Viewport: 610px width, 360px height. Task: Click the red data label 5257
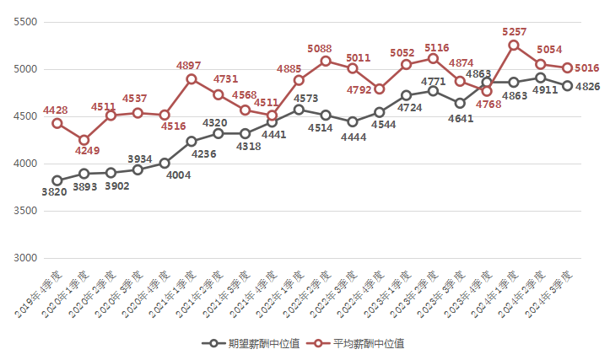pyautogui.click(x=514, y=31)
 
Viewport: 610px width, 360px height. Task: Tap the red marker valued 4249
pyautogui.click(x=84, y=140)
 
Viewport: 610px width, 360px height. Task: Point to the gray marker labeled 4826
pyautogui.click(x=568, y=85)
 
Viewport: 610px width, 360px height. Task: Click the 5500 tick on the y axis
pyautogui.click(x=28, y=22)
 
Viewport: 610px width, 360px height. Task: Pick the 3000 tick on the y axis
pyautogui.click(x=28, y=258)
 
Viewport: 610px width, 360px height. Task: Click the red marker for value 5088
pyautogui.click(x=326, y=61)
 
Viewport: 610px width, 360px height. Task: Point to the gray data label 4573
pyautogui.click(x=306, y=99)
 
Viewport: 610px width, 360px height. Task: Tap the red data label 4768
pyautogui.click(x=489, y=105)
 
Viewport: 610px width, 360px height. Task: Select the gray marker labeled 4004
pyautogui.click(x=165, y=163)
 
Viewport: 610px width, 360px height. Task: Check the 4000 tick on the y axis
pyautogui.click(x=28, y=164)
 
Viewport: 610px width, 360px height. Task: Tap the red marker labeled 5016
pyautogui.click(x=568, y=67)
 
